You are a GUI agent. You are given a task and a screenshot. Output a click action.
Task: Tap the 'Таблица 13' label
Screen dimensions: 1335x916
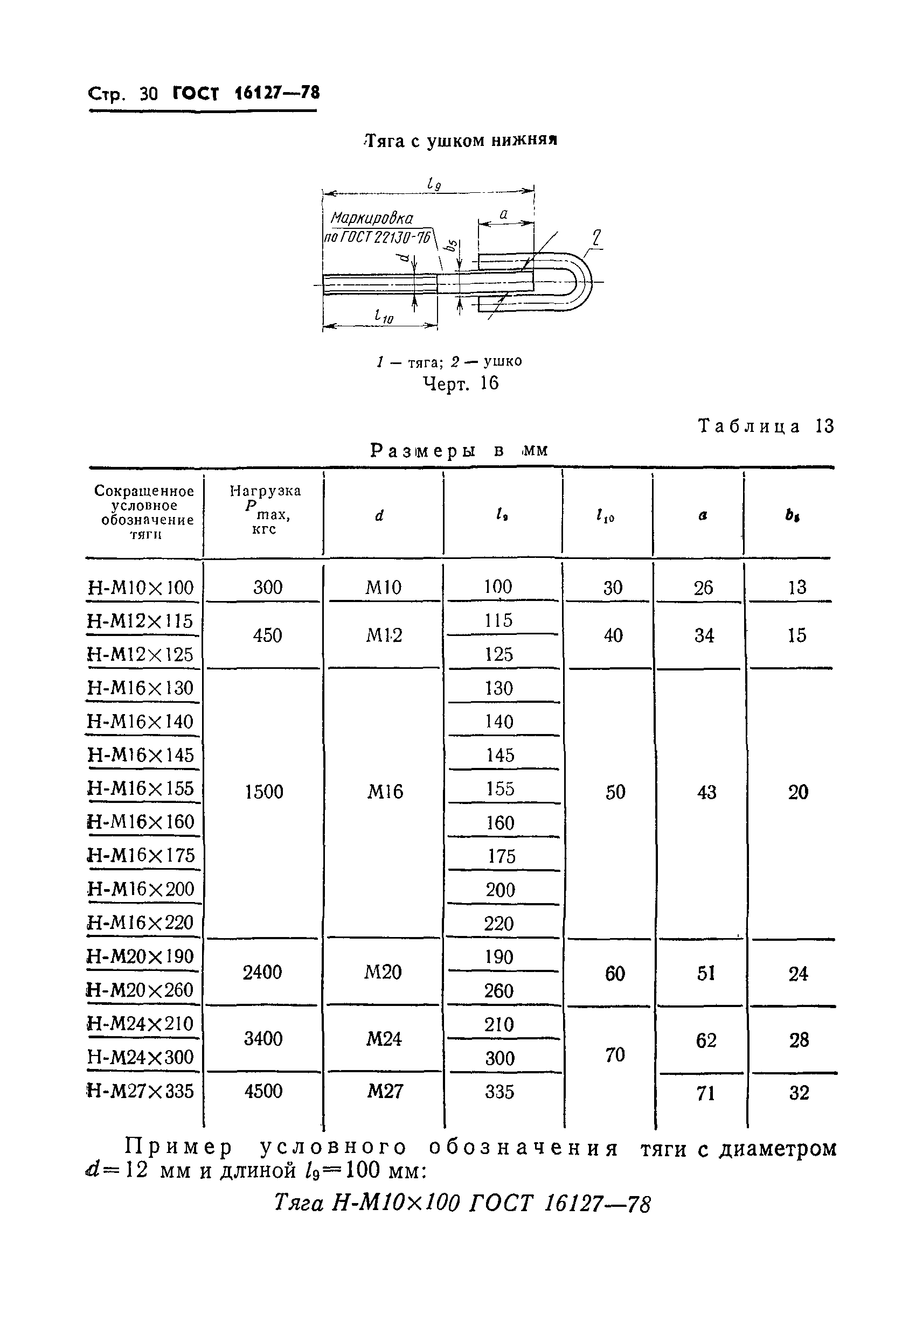(766, 426)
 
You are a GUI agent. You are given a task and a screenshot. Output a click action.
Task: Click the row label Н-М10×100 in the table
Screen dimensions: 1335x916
(141, 588)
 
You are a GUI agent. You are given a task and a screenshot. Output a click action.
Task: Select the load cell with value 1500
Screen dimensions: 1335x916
(264, 792)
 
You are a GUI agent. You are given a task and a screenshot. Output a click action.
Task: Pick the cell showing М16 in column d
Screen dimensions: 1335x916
(384, 792)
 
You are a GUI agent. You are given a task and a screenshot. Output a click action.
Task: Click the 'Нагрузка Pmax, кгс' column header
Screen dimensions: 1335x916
(265, 509)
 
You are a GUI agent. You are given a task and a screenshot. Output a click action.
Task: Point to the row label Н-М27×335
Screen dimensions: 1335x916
(141, 1091)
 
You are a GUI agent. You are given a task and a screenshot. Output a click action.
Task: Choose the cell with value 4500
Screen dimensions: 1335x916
(263, 1091)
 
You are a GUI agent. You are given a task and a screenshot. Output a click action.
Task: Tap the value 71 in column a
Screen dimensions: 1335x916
(705, 1093)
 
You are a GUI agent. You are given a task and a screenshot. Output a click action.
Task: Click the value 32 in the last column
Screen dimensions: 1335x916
(799, 1092)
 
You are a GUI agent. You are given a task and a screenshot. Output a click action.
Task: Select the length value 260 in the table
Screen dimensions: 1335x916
(499, 991)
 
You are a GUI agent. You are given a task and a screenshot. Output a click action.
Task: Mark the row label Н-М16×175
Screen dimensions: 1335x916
(141, 855)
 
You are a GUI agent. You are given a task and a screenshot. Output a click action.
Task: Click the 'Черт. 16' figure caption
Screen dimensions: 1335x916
(460, 383)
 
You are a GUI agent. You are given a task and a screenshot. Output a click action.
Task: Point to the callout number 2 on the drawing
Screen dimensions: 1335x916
(597, 237)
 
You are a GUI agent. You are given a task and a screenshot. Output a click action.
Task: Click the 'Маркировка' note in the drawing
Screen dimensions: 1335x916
(372, 218)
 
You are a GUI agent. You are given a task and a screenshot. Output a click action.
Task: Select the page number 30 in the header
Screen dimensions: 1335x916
(148, 93)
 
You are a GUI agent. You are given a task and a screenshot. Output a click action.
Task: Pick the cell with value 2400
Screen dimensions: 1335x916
(262, 973)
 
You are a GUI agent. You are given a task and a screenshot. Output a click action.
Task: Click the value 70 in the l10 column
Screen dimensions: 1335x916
(614, 1054)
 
